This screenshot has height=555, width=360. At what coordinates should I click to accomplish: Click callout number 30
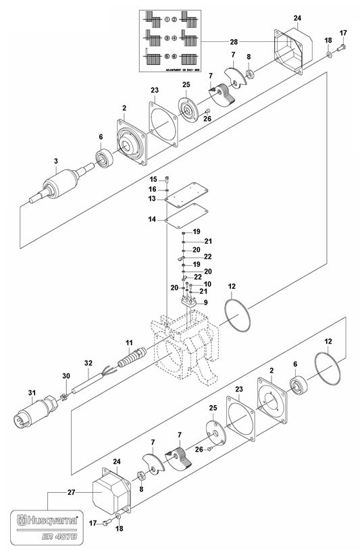tap(66, 375)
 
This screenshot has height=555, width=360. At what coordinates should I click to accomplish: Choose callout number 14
tap(152, 219)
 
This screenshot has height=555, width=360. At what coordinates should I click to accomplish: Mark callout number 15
tap(153, 179)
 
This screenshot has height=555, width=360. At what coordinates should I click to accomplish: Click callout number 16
tap(153, 189)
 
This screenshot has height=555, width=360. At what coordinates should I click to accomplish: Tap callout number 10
tap(208, 284)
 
